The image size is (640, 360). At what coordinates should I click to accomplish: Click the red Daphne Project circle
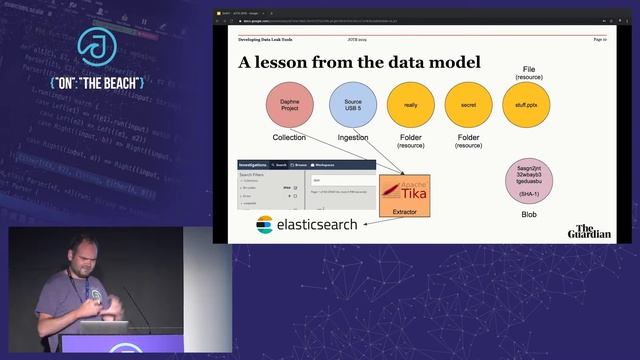(288, 106)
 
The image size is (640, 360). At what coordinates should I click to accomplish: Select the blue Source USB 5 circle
(352, 106)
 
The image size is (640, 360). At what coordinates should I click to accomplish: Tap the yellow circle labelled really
(411, 106)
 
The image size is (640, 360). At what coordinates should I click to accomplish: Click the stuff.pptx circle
(526, 106)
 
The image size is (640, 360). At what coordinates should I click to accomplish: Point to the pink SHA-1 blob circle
(529, 179)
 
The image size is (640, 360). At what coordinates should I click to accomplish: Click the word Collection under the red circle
(288, 137)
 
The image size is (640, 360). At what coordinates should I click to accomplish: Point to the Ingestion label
(352, 137)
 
